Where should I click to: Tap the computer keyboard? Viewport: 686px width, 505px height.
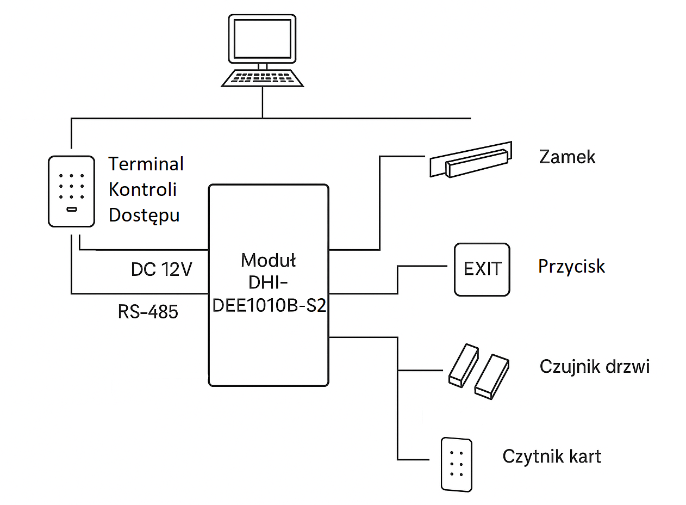coord(263,78)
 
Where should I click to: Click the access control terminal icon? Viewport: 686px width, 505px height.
coord(71,191)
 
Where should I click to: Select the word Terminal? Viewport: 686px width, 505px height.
coord(146,164)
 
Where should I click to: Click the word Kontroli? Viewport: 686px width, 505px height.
coord(142,189)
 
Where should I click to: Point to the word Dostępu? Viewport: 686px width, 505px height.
coord(144,215)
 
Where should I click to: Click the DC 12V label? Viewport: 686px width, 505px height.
coord(161,269)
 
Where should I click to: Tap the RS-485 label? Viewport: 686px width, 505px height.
coord(148,312)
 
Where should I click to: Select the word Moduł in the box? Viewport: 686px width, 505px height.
coord(269,260)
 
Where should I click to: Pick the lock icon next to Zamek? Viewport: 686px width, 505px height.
coord(471,162)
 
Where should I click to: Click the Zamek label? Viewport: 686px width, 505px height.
coord(567,157)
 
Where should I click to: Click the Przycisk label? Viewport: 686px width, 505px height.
coord(571,266)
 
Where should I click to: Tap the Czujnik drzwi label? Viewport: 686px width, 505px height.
coord(594,366)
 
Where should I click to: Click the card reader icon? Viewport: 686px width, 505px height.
coord(457,464)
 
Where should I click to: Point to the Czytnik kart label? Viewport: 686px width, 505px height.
coord(552,456)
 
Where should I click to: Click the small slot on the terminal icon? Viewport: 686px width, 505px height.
coord(71,209)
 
